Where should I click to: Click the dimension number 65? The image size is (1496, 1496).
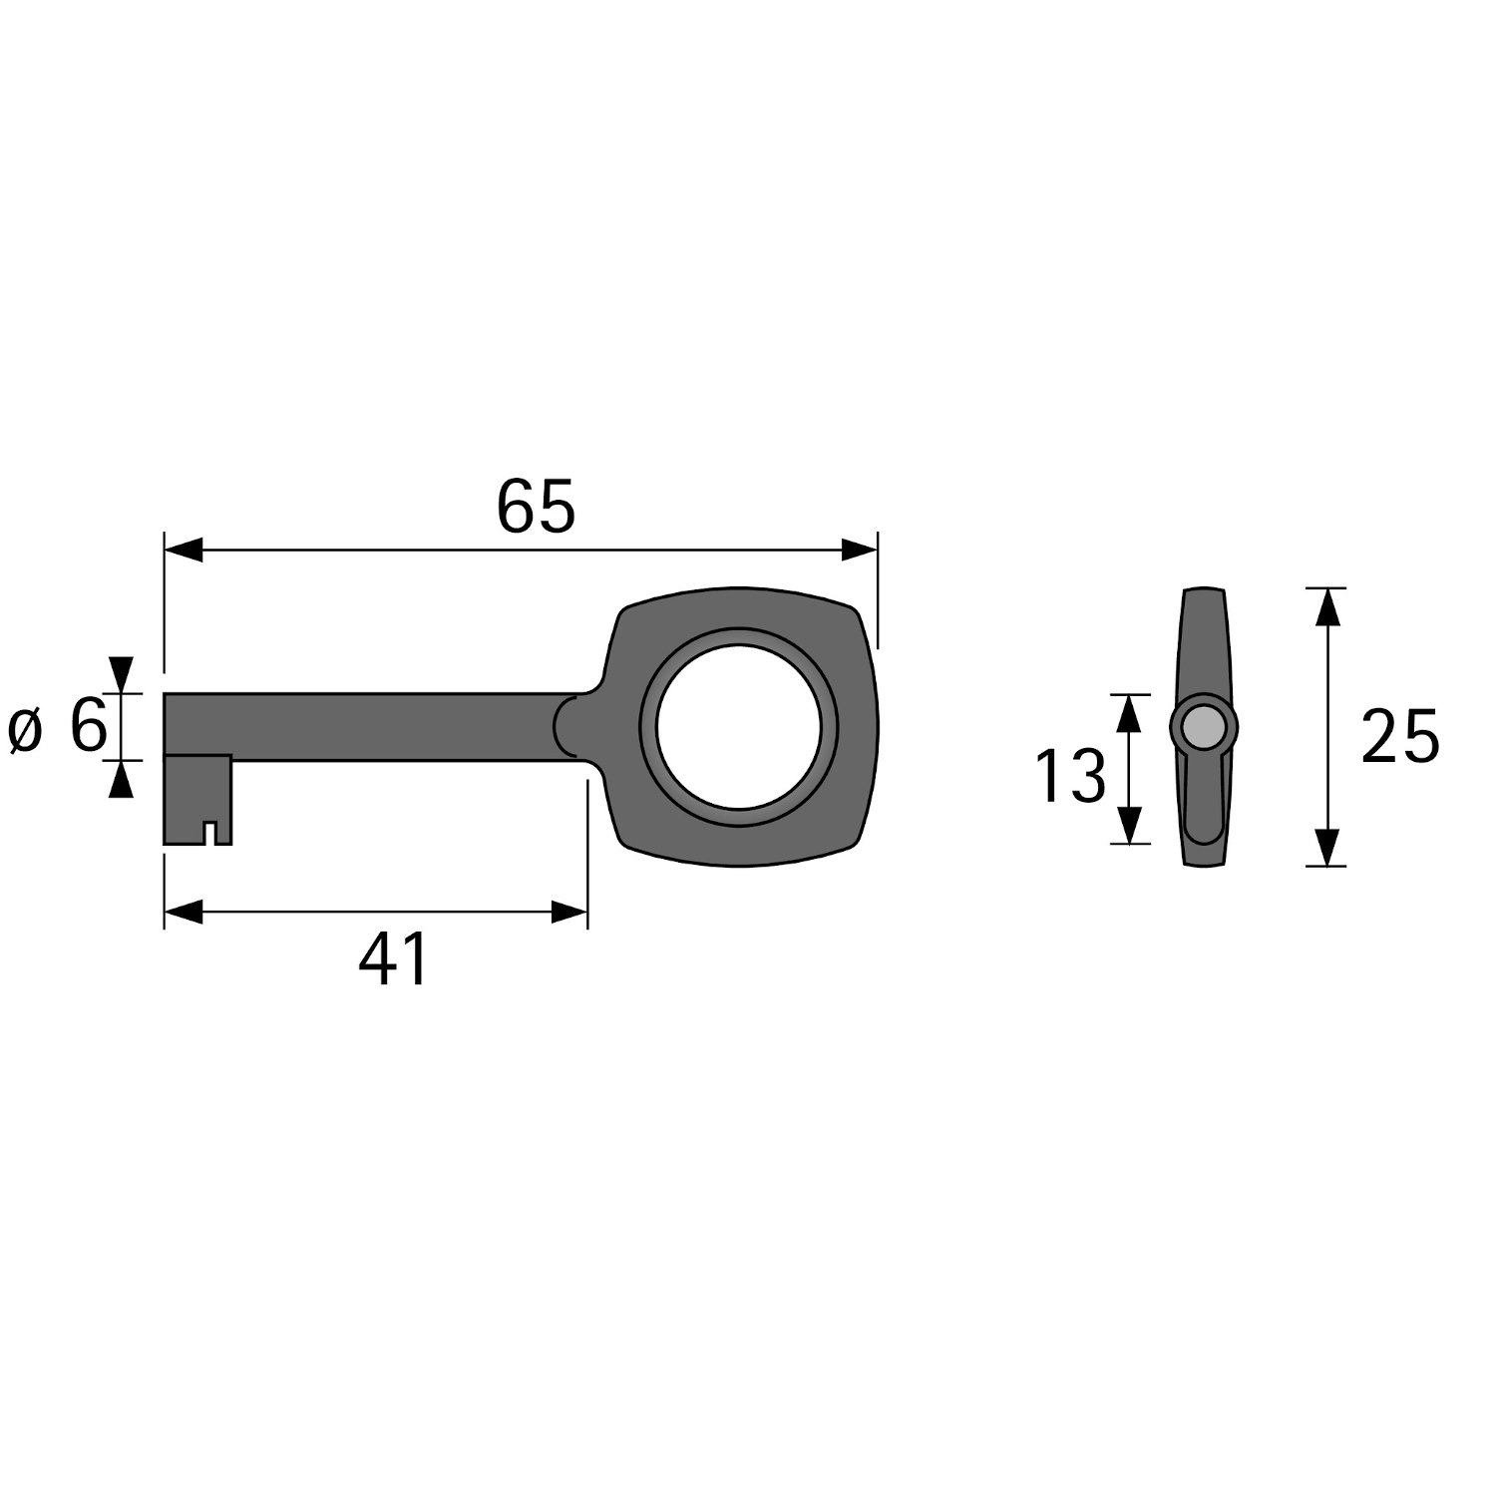[536, 507]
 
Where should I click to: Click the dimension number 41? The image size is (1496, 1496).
[393, 959]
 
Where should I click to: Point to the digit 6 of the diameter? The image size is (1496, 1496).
[88, 726]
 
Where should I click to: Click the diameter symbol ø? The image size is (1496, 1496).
[27, 731]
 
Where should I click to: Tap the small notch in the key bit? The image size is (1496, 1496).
[210, 832]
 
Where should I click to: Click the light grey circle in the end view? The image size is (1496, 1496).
[1204, 727]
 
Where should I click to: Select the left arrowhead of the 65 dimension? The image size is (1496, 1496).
[184, 550]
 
